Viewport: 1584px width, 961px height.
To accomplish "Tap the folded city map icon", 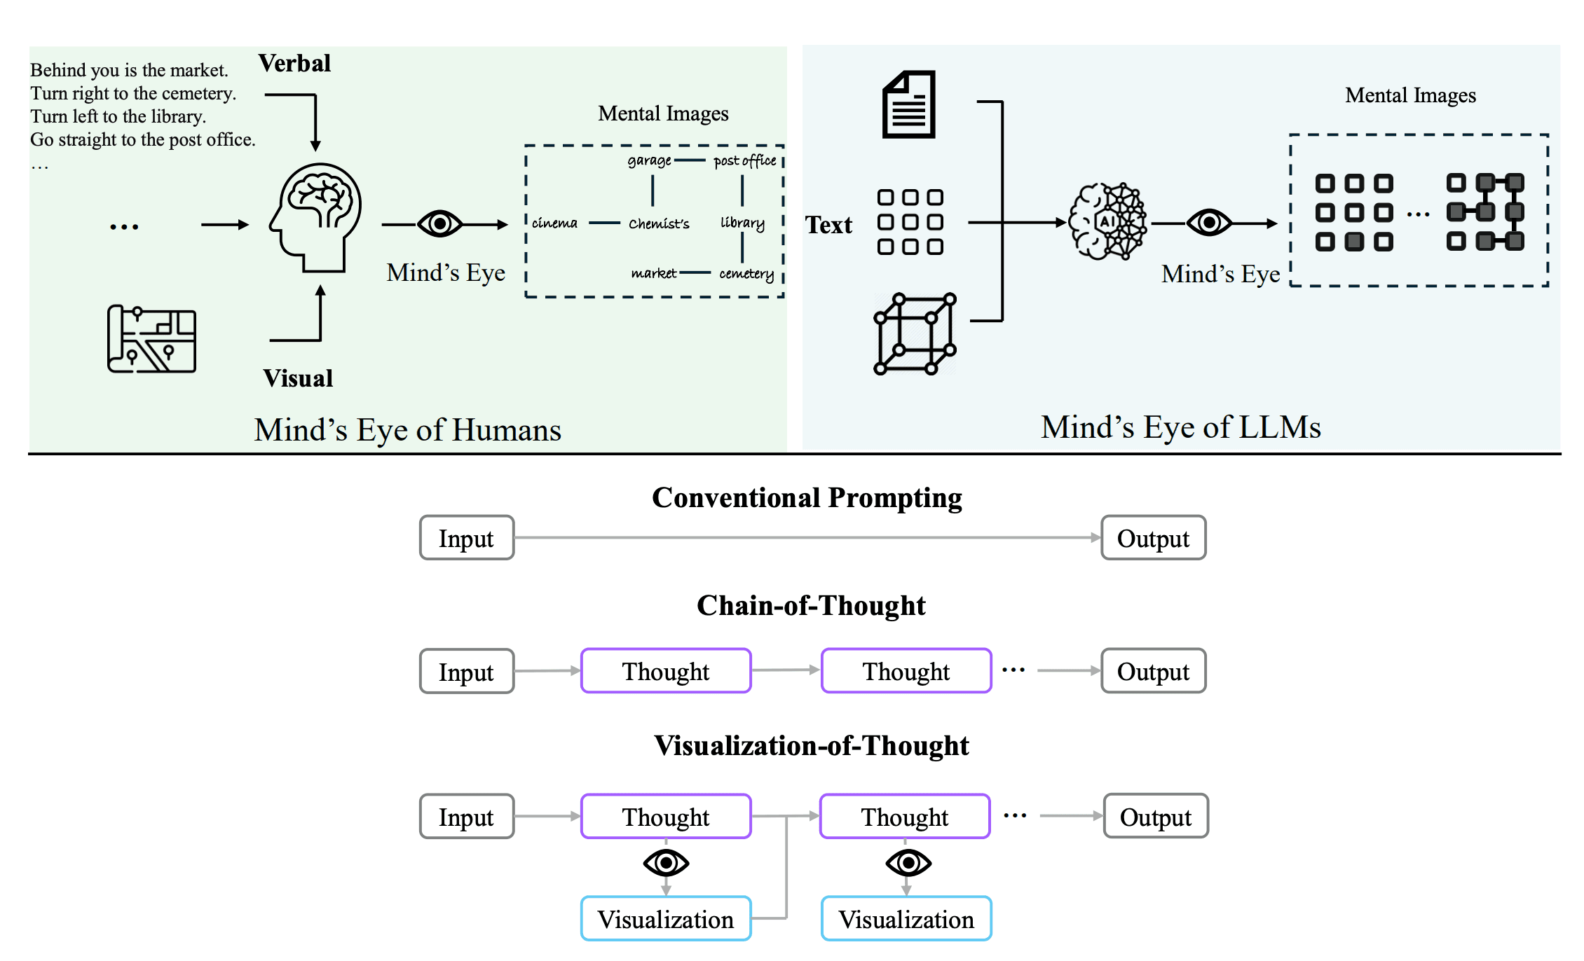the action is (x=151, y=339).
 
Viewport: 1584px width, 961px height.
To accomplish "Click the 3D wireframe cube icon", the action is (x=915, y=334).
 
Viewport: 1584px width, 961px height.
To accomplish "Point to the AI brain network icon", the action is (x=1107, y=221).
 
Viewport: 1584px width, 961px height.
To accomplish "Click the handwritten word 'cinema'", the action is (x=554, y=223).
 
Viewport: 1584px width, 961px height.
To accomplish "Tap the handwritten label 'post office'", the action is (x=745, y=161).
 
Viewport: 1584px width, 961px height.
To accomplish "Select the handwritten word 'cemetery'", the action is (x=746, y=274).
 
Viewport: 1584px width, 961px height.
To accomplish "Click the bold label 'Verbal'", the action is (x=294, y=63).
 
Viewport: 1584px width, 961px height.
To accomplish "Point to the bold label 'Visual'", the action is (x=298, y=378).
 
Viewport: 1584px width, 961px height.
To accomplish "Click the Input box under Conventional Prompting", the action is (x=467, y=538).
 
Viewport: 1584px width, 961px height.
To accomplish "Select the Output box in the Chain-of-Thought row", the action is (x=1154, y=671).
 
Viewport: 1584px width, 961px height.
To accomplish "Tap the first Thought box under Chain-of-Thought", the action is (x=666, y=671).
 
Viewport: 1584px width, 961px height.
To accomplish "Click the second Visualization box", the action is (x=906, y=918).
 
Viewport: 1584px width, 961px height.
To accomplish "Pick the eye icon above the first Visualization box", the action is (x=666, y=863).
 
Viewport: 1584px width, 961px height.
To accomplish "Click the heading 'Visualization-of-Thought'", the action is (x=812, y=745).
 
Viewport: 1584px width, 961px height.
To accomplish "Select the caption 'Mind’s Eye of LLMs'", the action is (x=1181, y=427).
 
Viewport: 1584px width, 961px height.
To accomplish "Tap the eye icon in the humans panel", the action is (x=439, y=224).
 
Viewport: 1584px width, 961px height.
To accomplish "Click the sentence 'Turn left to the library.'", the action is (x=118, y=116).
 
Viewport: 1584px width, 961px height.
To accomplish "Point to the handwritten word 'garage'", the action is (x=649, y=161).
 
